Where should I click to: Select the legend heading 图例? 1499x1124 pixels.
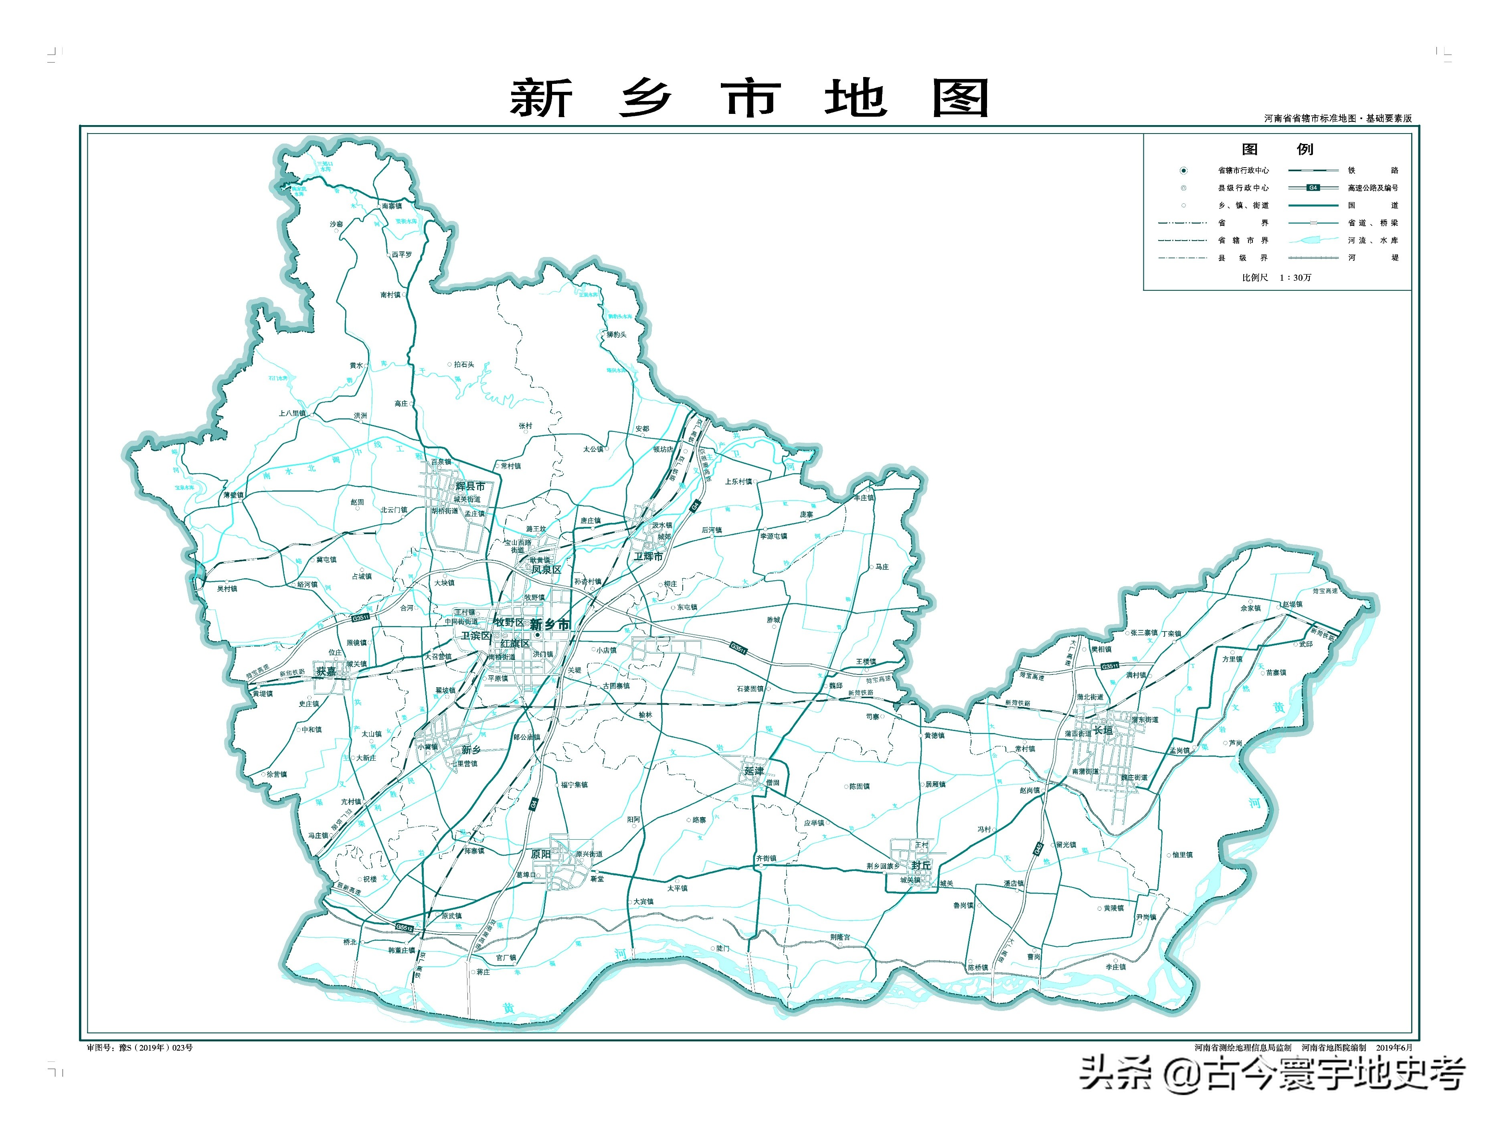point(1277,149)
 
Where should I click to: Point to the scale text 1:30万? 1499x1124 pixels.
point(1295,277)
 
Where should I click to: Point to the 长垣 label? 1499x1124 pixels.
point(1103,731)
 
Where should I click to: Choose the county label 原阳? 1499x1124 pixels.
point(541,854)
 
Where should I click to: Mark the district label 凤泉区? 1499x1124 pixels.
point(546,569)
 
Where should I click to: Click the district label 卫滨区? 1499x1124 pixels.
point(476,635)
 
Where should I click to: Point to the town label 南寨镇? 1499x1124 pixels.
point(392,205)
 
